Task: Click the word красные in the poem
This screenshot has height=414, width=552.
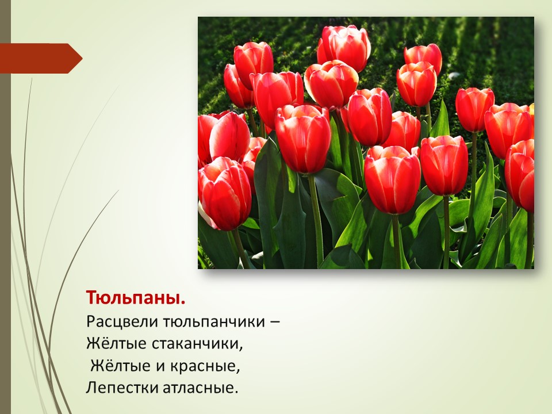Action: [203, 366]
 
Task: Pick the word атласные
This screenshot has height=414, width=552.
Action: [198, 388]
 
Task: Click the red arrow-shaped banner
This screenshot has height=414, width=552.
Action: [41, 59]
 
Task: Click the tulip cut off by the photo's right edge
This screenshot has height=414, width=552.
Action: [520, 175]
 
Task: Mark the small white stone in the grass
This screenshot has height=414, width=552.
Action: [454, 76]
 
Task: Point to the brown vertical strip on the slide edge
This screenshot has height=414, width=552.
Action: [5, 207]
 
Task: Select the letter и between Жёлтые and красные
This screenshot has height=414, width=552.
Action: [160, 367]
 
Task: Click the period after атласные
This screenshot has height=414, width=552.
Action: [236, 393]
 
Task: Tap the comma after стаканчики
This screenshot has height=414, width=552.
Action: [241, 349]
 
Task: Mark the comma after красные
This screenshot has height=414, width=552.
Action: [238, 371]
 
